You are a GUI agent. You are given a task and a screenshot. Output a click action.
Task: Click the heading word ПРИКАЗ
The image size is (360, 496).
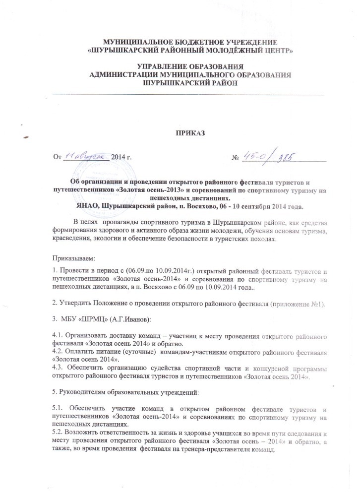189,134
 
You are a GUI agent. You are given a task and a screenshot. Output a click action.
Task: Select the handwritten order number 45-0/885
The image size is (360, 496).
268,157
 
